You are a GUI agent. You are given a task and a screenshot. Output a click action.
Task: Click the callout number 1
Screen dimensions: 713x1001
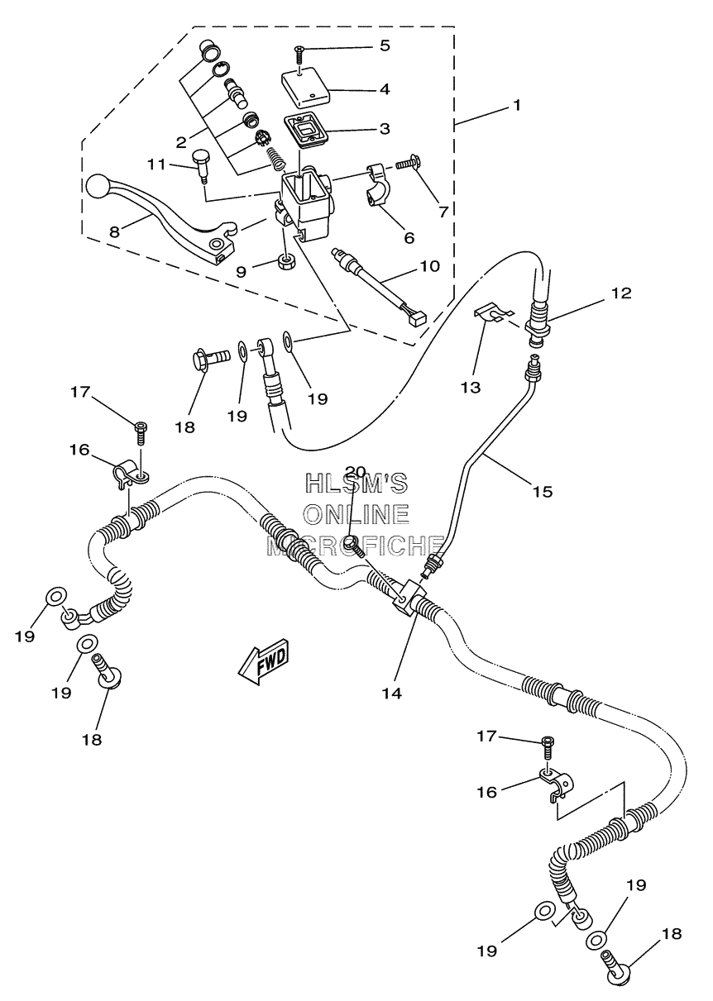(517, 106)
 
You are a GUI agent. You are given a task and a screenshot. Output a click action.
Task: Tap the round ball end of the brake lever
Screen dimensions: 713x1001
(98, 185)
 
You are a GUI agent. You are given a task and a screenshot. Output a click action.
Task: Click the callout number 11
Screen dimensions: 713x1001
(156, 164)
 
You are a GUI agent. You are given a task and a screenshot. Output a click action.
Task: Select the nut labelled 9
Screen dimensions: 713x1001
(285, 261)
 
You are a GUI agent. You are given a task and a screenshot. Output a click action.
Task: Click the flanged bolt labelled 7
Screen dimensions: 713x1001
(407, 169)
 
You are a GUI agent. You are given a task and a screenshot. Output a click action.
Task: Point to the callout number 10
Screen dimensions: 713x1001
(429, 266)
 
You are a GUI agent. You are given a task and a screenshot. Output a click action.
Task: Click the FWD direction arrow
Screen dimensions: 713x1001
(265, 662)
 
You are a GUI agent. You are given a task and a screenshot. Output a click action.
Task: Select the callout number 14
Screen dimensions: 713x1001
(391, 694)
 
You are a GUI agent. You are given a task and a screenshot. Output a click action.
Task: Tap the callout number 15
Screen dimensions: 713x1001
(542, 492)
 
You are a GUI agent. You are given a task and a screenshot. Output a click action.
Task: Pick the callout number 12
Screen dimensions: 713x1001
(622, 293)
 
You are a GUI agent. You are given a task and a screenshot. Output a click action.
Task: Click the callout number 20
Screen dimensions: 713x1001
(356, 470)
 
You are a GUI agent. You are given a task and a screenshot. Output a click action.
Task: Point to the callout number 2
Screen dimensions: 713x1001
(180, 142)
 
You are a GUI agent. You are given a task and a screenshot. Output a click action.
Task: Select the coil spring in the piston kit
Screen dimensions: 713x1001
(276, 159)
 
